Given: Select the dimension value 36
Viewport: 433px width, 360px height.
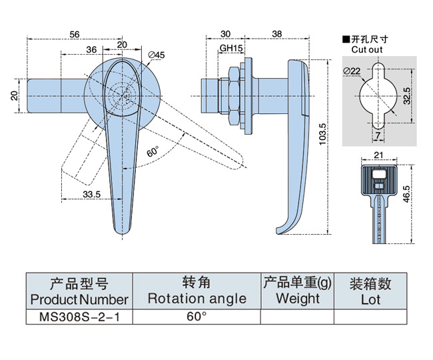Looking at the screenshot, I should (x=92, y=49).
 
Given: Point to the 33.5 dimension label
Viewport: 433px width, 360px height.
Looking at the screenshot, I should (x=92, y=194).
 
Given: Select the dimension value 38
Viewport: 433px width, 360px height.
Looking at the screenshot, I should (x=277, y=33).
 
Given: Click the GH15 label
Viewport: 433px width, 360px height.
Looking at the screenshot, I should (x=230, y=49).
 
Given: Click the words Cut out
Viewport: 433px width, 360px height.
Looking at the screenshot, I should (x=366, y=49).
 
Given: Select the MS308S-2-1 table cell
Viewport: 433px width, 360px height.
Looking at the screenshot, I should (x=79, y=316).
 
